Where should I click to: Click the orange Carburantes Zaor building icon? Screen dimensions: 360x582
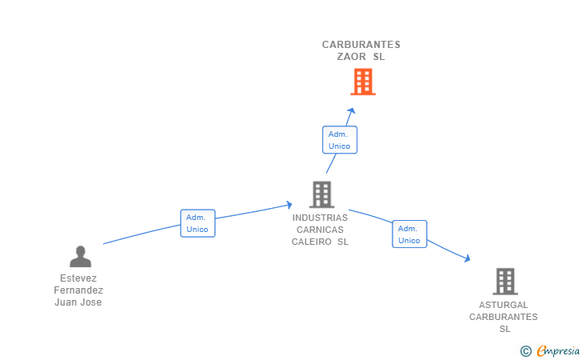362,82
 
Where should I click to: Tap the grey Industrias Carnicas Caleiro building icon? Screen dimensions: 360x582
321,194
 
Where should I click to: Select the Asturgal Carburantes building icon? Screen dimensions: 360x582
504,282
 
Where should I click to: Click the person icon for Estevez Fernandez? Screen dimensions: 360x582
80,256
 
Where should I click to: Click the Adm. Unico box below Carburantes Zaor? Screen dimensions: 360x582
339,140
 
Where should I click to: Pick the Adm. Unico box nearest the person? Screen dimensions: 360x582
197,223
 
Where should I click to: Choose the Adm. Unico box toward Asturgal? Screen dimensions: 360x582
409,234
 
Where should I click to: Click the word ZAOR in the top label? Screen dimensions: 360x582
352,57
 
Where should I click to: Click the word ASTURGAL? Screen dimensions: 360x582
504,305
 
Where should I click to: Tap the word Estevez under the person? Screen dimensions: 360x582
78,278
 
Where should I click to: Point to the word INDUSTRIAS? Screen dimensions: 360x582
320,218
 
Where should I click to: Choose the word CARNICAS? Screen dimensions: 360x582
320,230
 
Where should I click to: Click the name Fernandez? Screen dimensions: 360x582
78,290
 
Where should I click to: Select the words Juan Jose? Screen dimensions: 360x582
78,302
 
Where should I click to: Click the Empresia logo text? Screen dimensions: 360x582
559,350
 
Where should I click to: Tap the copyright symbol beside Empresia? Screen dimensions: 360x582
525,350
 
